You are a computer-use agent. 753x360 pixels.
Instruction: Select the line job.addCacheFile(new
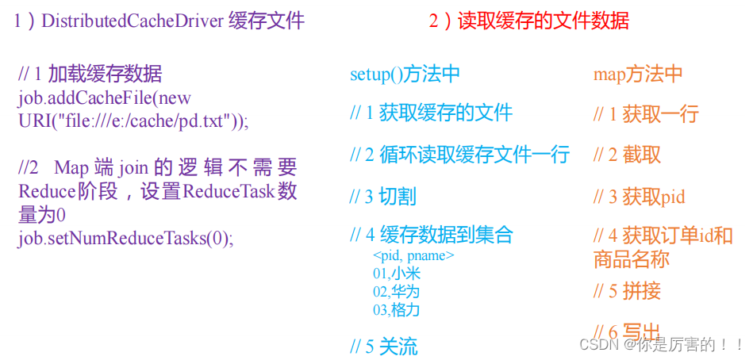105,98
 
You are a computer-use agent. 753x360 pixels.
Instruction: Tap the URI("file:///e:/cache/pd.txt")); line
133,121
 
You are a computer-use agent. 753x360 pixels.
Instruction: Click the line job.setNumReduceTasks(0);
126,238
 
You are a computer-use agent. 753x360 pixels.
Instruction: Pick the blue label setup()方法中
405,75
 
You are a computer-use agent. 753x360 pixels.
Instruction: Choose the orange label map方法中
638,75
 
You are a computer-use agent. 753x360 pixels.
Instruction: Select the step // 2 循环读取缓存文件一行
459,155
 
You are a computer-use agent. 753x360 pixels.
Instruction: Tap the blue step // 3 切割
382,196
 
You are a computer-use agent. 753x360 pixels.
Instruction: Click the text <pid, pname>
413,255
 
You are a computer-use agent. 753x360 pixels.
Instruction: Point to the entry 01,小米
396,274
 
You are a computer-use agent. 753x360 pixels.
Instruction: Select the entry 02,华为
396,291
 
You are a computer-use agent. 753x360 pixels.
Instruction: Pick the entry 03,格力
396,309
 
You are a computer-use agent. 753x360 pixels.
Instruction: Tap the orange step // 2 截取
627,155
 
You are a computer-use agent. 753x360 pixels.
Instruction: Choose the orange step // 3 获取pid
639,197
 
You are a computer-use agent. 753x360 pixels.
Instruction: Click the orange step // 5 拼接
627,291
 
